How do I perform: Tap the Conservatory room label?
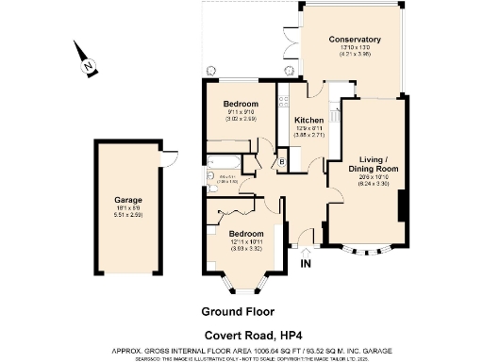tap(355, 40)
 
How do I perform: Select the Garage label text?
tap(128, 200)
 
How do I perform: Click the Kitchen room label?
tap(309, 121)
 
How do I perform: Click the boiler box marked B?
tap(282, 162)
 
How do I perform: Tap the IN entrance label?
tap(305, 264)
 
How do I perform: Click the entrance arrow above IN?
tap(305, 251)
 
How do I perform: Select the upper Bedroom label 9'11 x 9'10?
tap(241, 104)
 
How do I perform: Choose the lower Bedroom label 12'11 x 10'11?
tap(245, 233)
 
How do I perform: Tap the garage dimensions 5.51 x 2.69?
tap(128, 216)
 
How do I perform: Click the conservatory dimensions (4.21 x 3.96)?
tap(355, 55)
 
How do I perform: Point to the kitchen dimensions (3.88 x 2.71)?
tap(309, 136)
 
